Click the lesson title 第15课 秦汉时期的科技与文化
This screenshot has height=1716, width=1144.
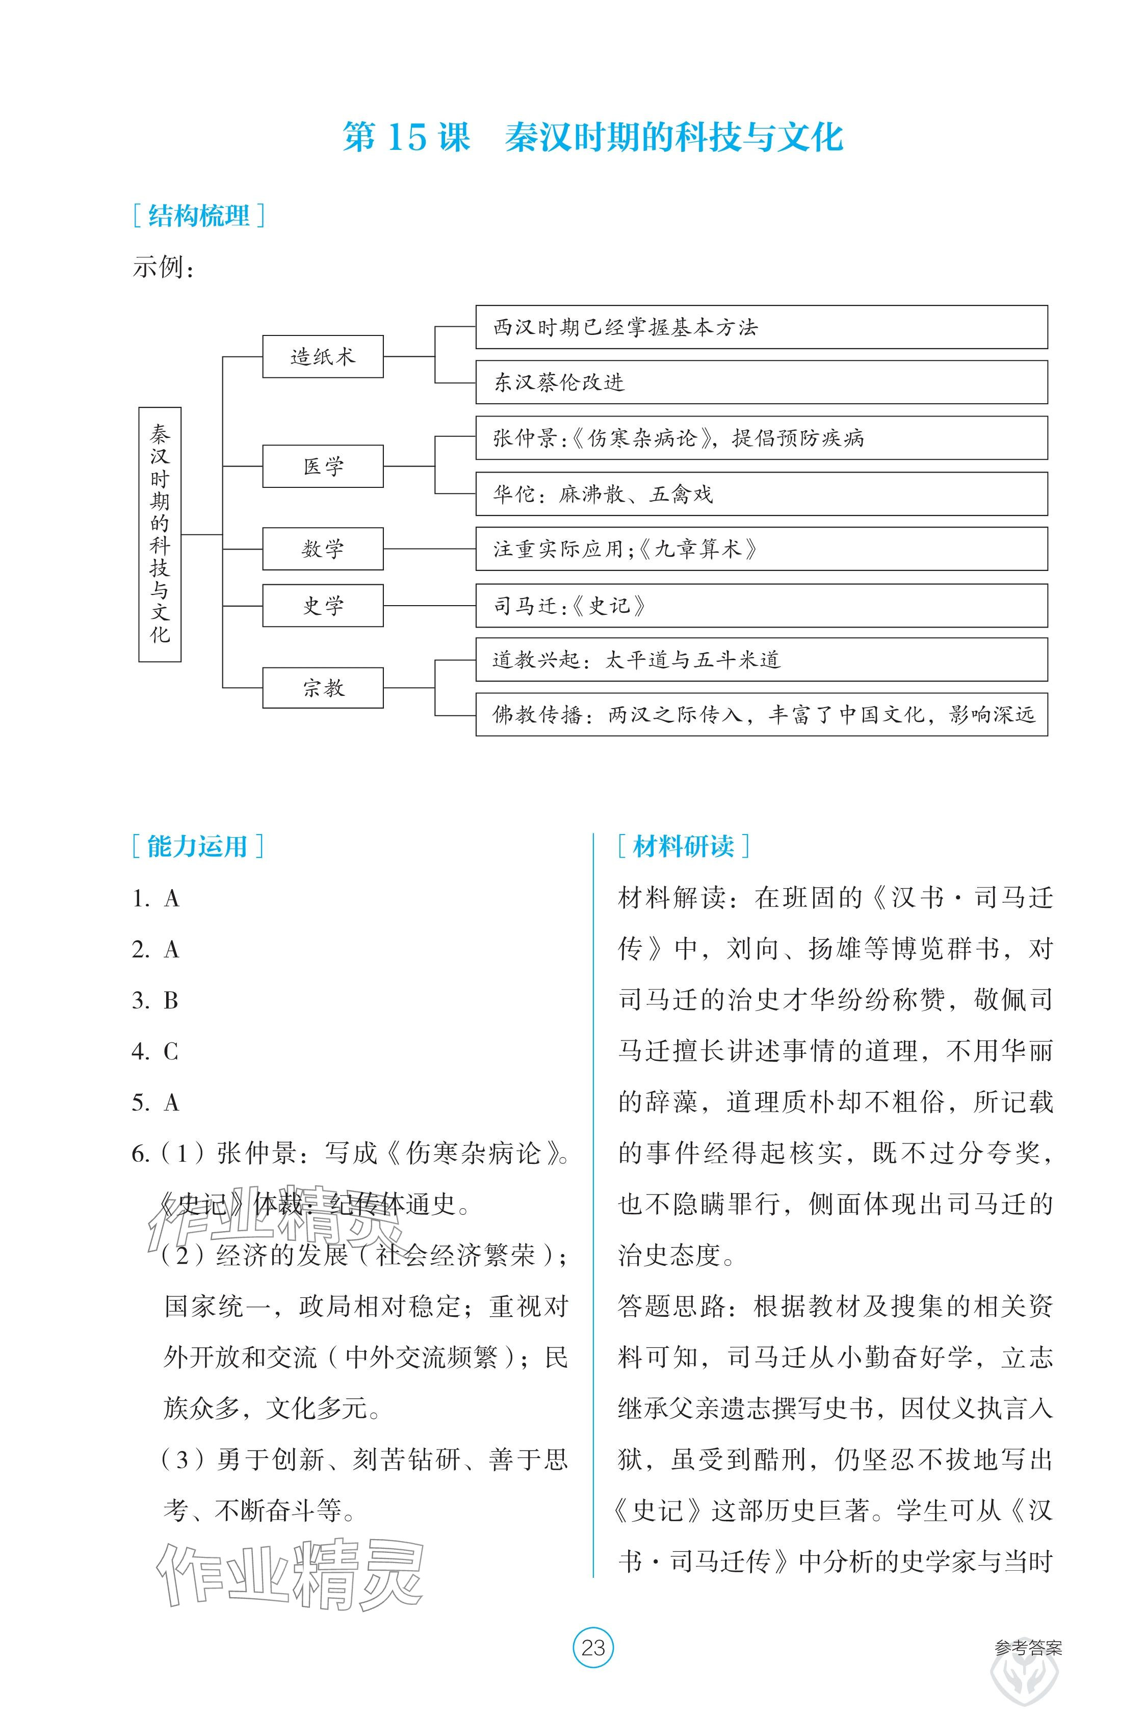(592, 137)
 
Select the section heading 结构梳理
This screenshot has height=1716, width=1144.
(198, 216)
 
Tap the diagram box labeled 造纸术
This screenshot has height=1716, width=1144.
(323, 357)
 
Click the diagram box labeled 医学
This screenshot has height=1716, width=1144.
(323, 466)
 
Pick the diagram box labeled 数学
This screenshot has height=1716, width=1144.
(323, 549)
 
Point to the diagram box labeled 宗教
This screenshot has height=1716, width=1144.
(323, 687)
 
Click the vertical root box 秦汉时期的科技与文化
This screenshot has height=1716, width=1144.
(160, 535)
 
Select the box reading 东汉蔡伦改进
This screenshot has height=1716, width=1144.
(761, 382)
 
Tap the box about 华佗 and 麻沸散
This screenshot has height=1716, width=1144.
(761, 494)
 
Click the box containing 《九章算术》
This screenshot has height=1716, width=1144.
(761, 549)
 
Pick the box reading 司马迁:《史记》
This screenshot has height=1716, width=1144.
(761, 606)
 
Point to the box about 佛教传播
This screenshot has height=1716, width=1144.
(761, 714)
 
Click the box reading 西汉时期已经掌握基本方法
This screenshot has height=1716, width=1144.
(761, 327)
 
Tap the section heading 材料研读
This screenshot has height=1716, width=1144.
(684, 846)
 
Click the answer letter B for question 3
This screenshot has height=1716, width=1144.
(171, 1000)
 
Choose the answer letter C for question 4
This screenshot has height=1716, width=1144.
(171, 1051)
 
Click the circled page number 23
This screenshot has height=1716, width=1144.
(593, 1647)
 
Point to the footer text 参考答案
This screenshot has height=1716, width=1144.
(1027, 1647)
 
